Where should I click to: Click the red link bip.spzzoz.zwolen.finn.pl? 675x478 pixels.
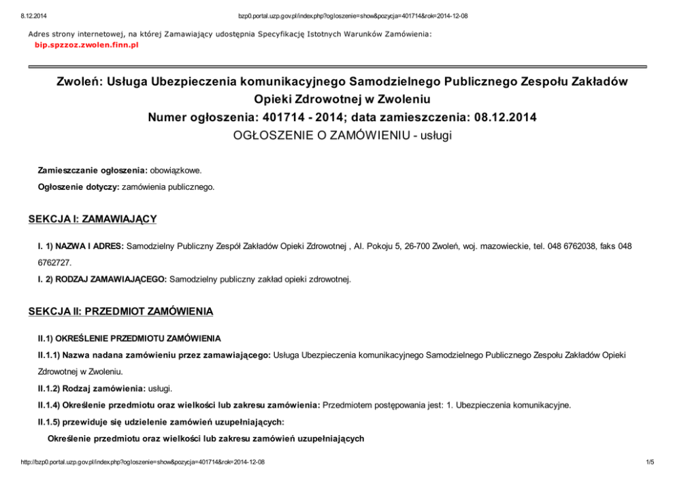click(x=86, y=44)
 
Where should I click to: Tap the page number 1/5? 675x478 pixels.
click(x=649, y=462)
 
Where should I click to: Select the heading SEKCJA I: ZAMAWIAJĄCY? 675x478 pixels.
click(x=93, y=219)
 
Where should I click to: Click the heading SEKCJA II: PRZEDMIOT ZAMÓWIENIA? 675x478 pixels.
click(x=120, y=311)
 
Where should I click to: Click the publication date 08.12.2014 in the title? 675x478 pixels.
click(x=501, y=117)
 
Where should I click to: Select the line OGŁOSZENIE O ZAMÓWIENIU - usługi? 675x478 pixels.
click(x=342, y=135)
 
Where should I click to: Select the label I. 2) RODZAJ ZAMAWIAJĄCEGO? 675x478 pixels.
click(x=102, y=278)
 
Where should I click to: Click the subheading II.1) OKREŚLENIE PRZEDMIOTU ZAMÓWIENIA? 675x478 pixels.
click(x=129, y=338)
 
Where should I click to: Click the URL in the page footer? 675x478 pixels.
click(x=143, y=462)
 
